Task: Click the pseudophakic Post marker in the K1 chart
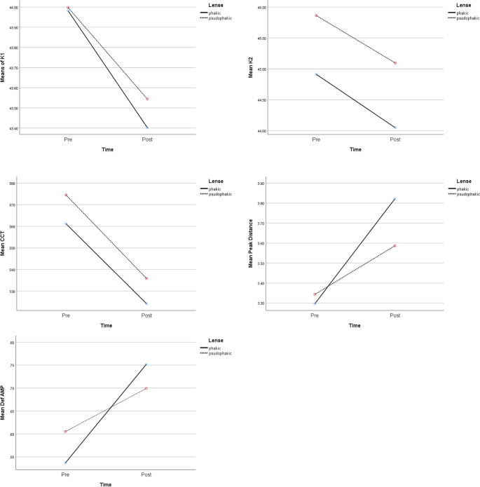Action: tap(147, 99)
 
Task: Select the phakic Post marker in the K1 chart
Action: tap(147, 128)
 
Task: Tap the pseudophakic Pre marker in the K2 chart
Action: tap(316, 15)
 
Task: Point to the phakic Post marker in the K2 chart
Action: tap(395, 128)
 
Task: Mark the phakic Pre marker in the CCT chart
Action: tap(67, 224)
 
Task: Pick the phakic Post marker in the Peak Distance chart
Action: tap(395, 199)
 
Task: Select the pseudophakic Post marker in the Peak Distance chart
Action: tap(395, 246)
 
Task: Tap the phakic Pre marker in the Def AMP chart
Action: tap(66, 462)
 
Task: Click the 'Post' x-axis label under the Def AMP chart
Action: tap(146, 476)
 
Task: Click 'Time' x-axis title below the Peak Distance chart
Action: tap(355, 325)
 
